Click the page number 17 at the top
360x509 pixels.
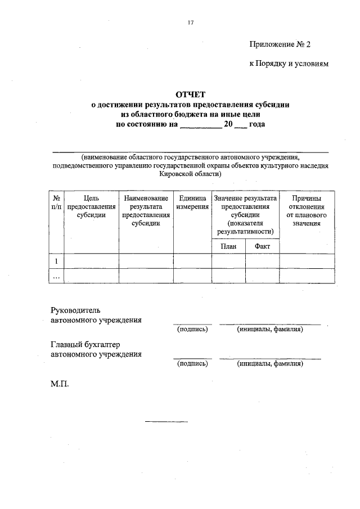click(191, 23)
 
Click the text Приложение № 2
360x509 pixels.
click(279, 44)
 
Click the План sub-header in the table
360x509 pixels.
click(228, 246)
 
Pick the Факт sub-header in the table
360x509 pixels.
click(262, 246)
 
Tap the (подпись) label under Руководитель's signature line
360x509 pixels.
click(192, 329)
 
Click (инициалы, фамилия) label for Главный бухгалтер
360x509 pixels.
click(270, 363)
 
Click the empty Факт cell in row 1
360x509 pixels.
click(262, 261)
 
